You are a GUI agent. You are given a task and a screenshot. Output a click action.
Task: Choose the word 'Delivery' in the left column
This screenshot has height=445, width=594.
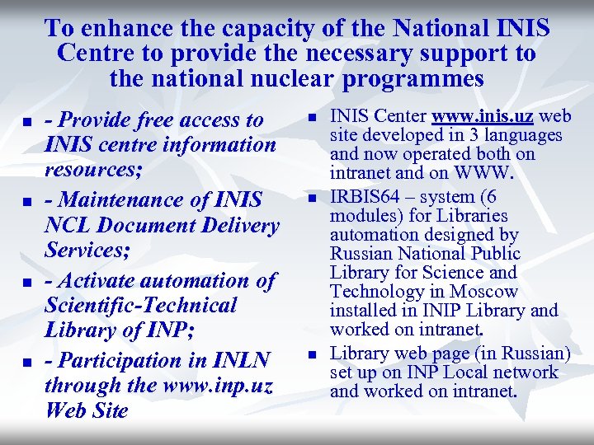pos(240,225)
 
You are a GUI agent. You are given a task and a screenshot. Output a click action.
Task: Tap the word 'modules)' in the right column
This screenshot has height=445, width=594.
pos(363,216)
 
